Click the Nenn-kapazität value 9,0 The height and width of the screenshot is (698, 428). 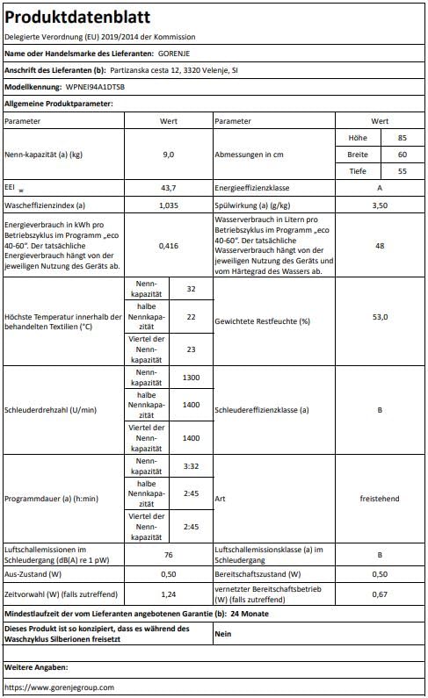click(x=169, y=155)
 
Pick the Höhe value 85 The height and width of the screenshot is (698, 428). click(x=402, y=138)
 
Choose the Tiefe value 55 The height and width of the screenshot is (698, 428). click(x=402, y=171)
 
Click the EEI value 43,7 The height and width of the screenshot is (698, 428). click(x=169, y=189)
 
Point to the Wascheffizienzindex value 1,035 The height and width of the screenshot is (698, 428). click(x=169, y=205)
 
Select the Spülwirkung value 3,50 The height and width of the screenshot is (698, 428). click(x=380, y=205)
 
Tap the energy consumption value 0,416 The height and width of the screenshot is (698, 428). click(x=169, y=247)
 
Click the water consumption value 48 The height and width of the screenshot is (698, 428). click(x=380, y=247)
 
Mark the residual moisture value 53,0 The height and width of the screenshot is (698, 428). click(x=380, y=321)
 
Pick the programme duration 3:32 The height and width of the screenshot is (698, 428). click(x=191, y=465)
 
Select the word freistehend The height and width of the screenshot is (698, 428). click(x=380, y=499)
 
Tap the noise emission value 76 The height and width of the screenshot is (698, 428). click(x=169, y=554)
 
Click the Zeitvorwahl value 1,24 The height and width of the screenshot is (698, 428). click(x=169, y=594)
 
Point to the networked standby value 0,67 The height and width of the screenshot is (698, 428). click(x=380, y=594)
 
